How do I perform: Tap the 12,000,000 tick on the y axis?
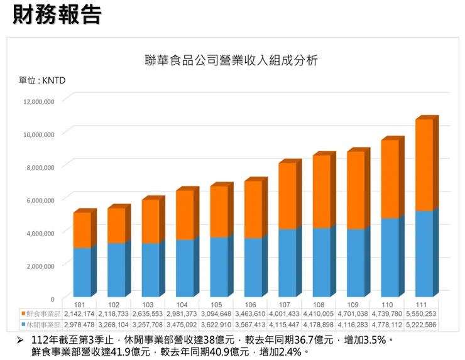coord(39,101)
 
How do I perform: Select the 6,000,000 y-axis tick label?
coord(39,200)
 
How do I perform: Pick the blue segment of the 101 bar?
coord(82,272)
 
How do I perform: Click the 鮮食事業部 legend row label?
coord(43,314)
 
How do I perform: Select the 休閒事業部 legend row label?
coord(43,324)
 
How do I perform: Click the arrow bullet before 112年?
coord(20,340)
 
